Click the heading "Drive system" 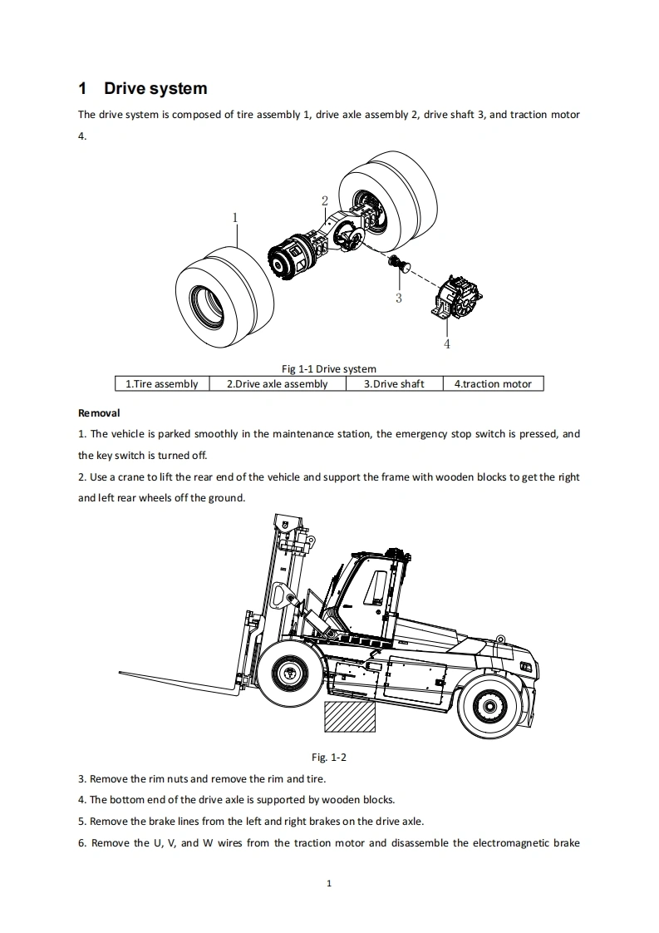[x=155, y=88]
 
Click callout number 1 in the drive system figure [x=235, y=217]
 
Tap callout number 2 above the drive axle [x=325, y=200]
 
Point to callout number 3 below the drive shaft [x=399, y=298]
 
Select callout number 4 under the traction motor [x=447, y=343]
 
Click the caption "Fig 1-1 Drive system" [x=329, y=368]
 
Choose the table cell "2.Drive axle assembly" [x=277, y=384]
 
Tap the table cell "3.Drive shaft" [x=394, y=384]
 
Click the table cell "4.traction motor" [x=493, y=384]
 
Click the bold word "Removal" [x=99, y=412]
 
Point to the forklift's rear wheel [x=489, y=705]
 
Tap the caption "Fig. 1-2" [x=328, y=757]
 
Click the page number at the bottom [x=329, y=883]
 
